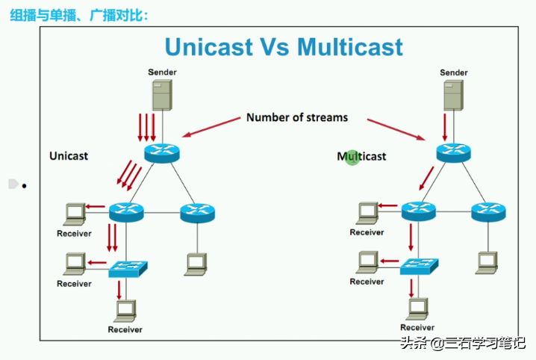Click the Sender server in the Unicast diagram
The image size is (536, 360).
coord(162,95)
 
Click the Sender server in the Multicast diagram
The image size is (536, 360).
coord(454,96)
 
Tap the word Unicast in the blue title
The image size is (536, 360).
coord(209,47)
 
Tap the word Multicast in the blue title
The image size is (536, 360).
coord(350,47)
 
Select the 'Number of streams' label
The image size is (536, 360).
coord(297,117)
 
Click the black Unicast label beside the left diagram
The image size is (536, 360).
coord(69,156)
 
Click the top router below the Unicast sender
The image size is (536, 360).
coord(162,153)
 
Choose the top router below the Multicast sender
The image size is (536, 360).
coord(454,152)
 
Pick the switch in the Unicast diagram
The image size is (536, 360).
coord(128,269)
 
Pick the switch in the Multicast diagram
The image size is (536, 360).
coord(419,267)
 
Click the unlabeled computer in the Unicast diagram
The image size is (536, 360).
coord(196,264)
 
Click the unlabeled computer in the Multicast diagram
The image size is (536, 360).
coord(487,263)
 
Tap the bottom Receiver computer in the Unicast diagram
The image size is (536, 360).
coord(125,311)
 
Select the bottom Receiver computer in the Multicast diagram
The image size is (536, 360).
coord(417,308)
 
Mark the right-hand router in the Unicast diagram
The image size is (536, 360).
coord(198,213)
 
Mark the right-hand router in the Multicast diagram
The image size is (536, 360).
coord(488,211)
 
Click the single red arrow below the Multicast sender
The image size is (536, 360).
coord(445,127)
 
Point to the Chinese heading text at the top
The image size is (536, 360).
coord(79,16)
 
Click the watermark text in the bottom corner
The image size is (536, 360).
coord(463,343)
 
